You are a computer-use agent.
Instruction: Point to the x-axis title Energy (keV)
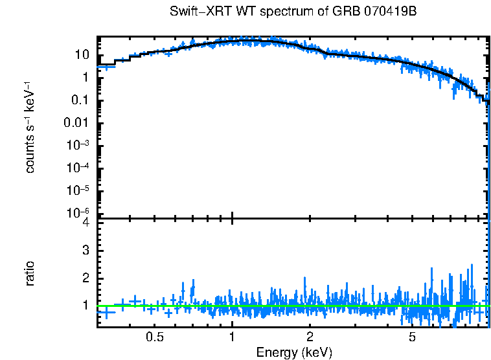(294, 352)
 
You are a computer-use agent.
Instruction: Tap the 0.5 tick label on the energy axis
(154, 337)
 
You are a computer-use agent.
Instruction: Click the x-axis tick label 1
(232, 337)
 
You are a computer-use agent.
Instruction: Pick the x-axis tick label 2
(310, 337)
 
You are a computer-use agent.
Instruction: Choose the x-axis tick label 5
(412, 337)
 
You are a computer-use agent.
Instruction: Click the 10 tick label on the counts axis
(82, 55)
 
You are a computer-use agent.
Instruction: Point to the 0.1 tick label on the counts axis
(80, 100)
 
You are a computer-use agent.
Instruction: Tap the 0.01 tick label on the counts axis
(78, 123)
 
